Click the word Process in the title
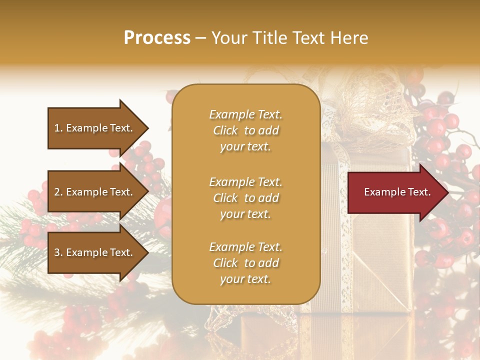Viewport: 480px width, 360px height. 157,38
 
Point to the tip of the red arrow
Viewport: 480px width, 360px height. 447,192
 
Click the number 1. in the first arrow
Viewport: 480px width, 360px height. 58,128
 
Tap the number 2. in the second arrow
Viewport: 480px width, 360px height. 58,192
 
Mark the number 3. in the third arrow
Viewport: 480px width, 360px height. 58,252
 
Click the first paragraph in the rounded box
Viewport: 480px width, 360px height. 245,130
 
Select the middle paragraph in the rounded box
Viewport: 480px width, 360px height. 245,198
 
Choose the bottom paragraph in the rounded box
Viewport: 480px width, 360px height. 245,263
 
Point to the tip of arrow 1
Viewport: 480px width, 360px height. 147,128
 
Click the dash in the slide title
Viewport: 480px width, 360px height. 201,38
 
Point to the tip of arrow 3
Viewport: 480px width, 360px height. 147,252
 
